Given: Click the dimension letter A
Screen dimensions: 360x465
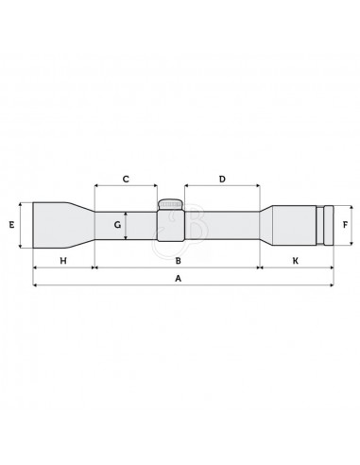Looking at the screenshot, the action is (x=179, y=279).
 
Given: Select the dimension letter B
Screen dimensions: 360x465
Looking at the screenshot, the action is (x=179, y=261).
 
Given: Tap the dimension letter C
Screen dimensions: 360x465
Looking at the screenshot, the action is (x=126, y=179).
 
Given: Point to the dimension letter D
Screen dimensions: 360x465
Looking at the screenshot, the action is (x=222, y=179).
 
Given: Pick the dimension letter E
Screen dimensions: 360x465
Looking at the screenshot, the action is (x=11, y=225).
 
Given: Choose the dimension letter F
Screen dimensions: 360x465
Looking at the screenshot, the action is (x=346, y=225).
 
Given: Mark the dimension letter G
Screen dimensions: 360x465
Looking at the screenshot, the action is (x=117, y=225).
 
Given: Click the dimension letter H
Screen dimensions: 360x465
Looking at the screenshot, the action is (x=63, y=261).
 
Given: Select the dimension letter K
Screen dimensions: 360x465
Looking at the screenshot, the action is (x=295, y=261).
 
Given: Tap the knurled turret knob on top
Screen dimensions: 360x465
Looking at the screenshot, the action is (x=170, y=204).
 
